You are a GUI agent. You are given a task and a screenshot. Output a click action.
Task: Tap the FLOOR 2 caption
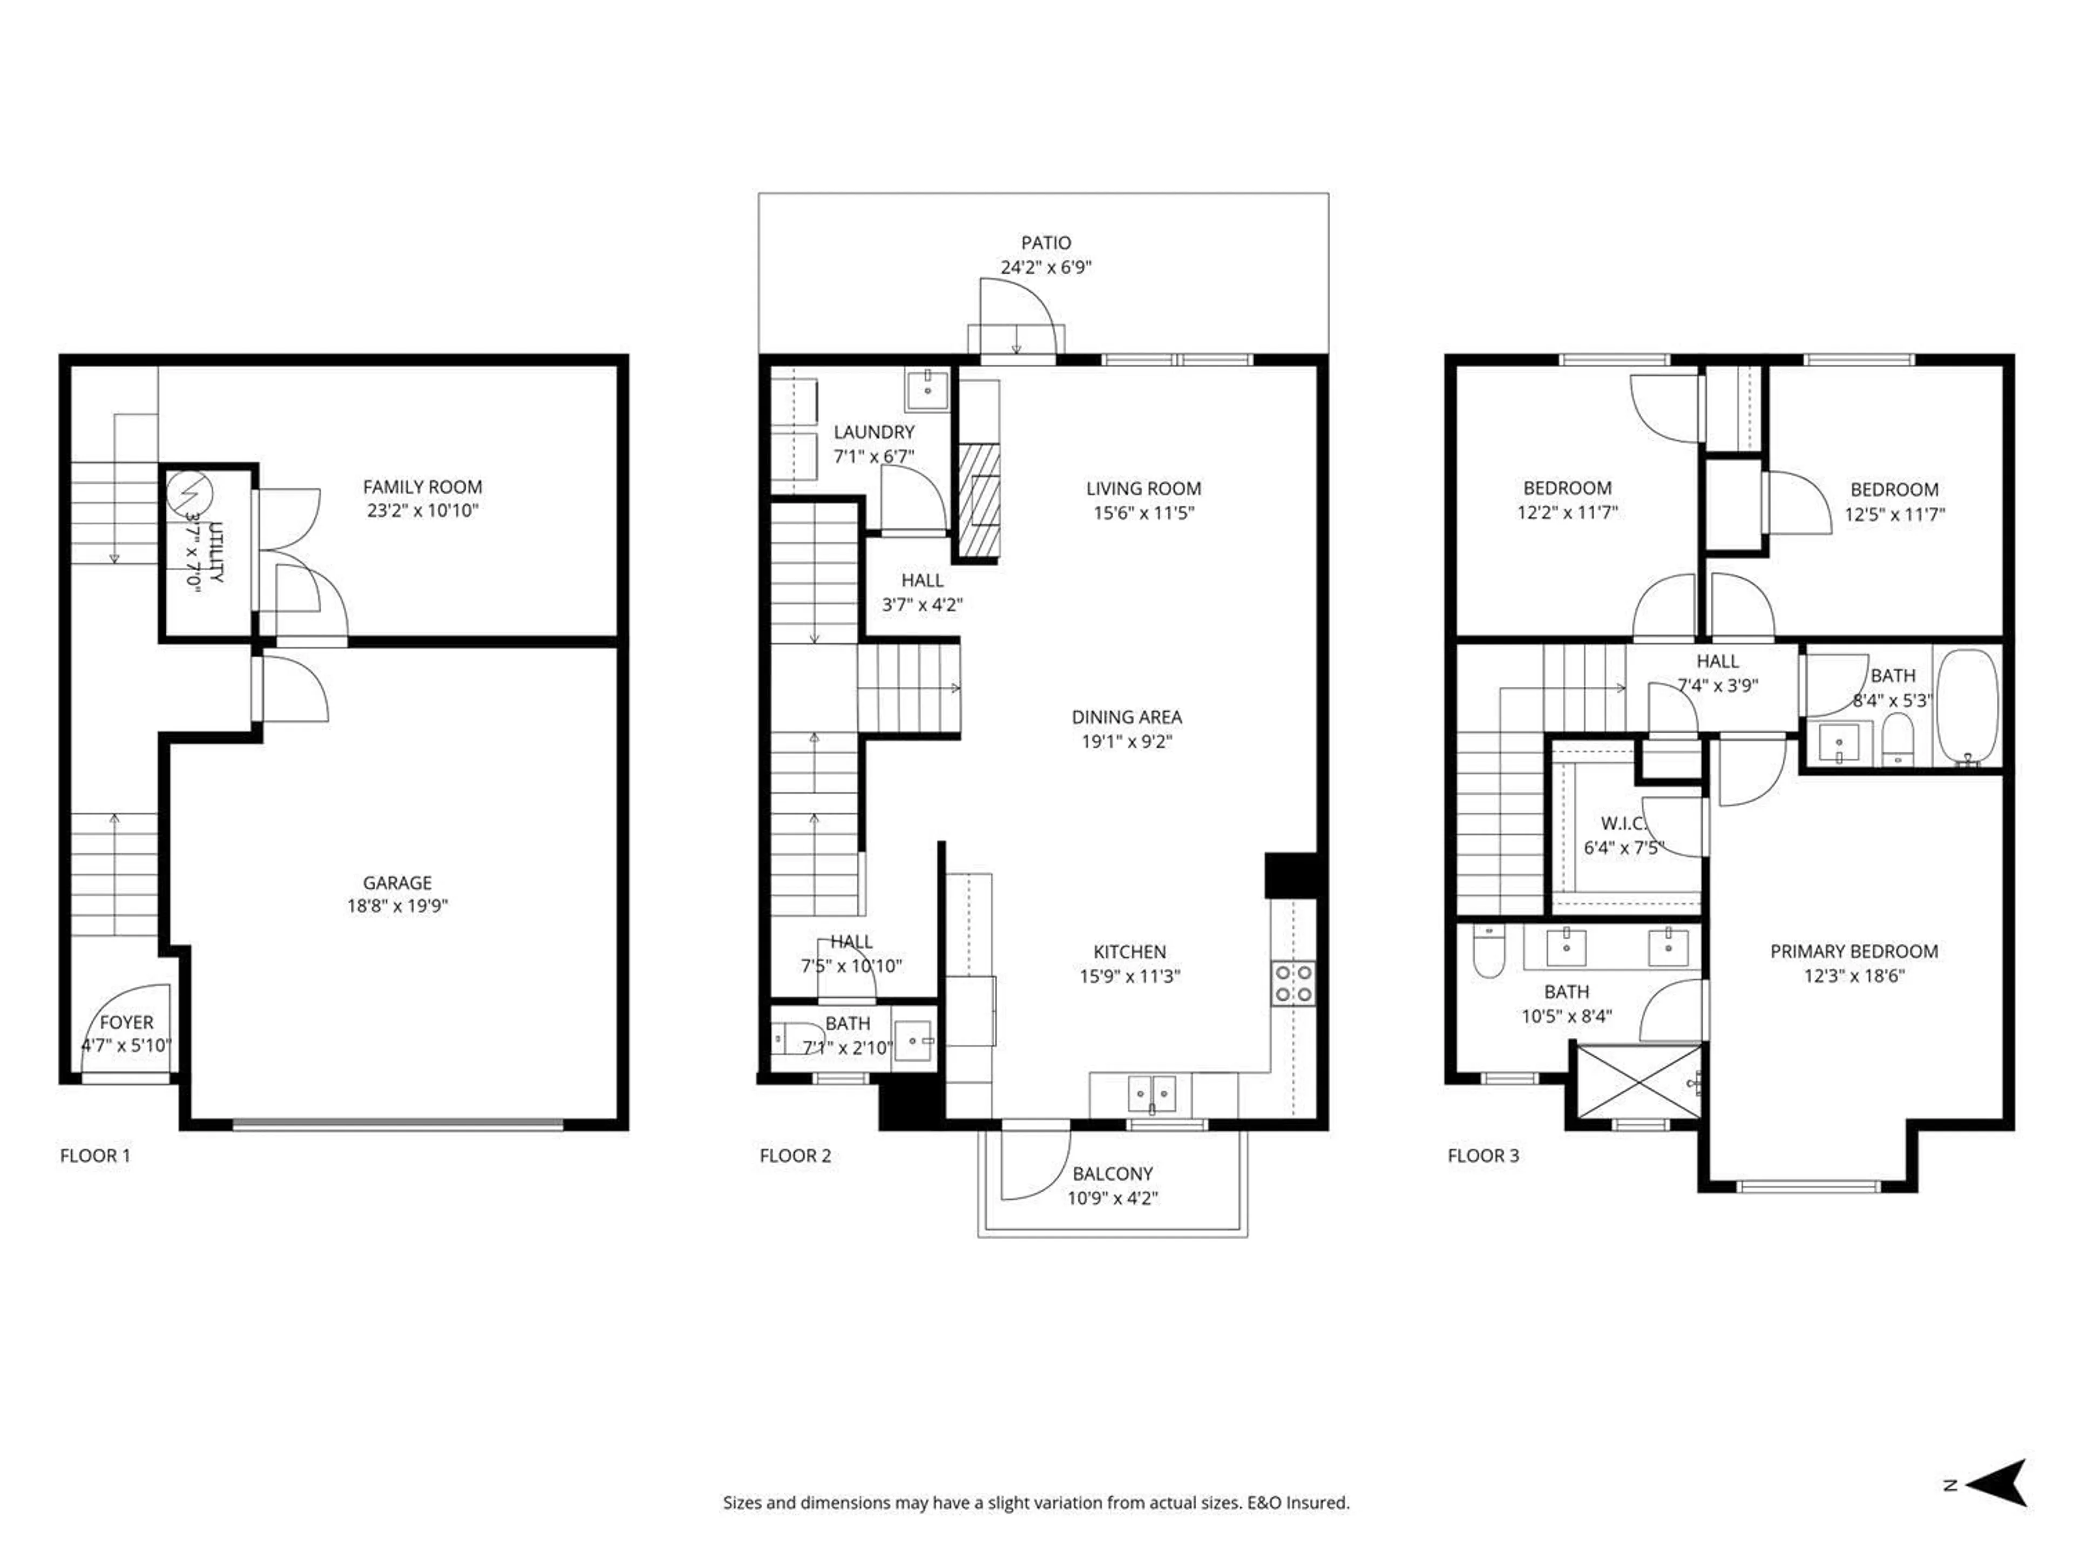795,1155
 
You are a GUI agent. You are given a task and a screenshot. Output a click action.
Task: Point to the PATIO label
1046,243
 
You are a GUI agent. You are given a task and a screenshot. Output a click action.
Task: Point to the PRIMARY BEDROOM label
1854,950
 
